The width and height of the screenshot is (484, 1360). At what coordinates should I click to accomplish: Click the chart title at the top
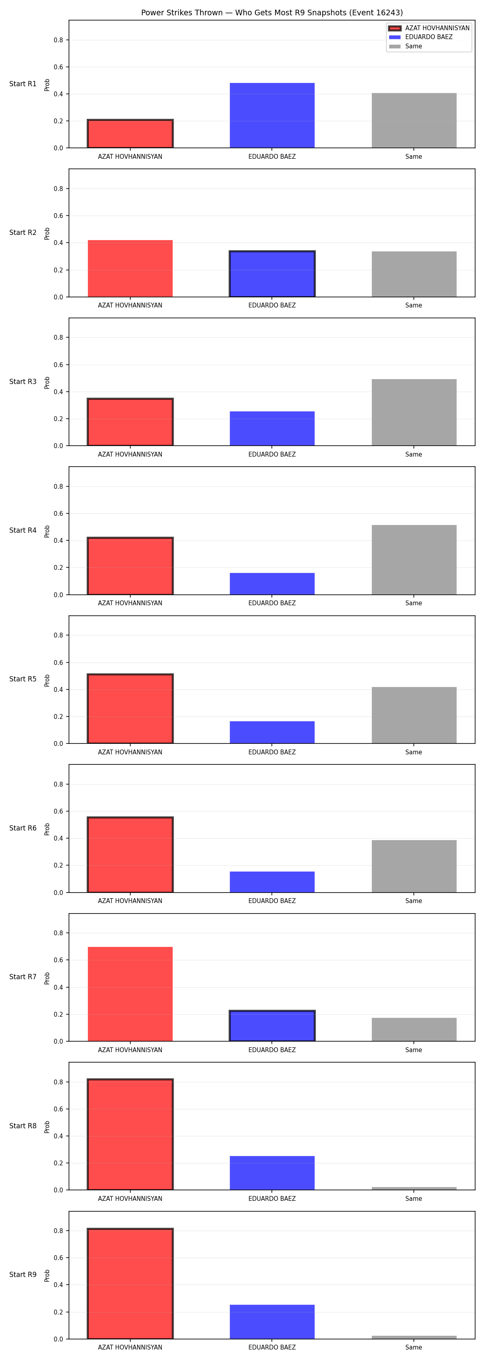point(271,12)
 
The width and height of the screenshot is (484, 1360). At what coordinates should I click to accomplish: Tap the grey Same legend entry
point(405,46)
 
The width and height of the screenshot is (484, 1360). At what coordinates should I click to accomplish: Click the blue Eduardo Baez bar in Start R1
point(272,115)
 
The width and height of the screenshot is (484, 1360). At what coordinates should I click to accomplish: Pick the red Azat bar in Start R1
point(130,133)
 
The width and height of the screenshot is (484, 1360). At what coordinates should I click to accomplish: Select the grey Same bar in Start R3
point(414,412)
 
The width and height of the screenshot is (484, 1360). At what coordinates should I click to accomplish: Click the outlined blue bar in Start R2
point(272,274)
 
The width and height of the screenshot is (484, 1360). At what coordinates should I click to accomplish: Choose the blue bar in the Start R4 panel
point(272,583)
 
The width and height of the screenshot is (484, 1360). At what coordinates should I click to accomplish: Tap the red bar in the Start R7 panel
point(130,994)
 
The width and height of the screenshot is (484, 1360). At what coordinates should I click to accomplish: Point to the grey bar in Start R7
point(414,1030)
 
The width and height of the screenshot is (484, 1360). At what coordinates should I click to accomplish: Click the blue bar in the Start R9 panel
point(272,1322)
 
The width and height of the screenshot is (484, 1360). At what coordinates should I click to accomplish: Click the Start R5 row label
point(23,679)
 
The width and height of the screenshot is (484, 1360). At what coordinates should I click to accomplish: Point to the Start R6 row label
point(23,828)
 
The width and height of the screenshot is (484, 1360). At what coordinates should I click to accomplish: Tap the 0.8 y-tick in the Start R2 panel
point(58,189)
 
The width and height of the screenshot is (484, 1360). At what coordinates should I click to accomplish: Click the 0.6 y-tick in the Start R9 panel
point(58,1258)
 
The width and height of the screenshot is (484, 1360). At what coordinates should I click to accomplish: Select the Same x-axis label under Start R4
point(414,603)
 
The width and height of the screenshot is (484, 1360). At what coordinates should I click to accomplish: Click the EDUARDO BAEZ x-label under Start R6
point(272,901)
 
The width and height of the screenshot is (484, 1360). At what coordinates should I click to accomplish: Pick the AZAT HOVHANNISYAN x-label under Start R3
point(130,454)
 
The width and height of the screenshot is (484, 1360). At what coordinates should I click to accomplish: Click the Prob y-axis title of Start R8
point(47,1127)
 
